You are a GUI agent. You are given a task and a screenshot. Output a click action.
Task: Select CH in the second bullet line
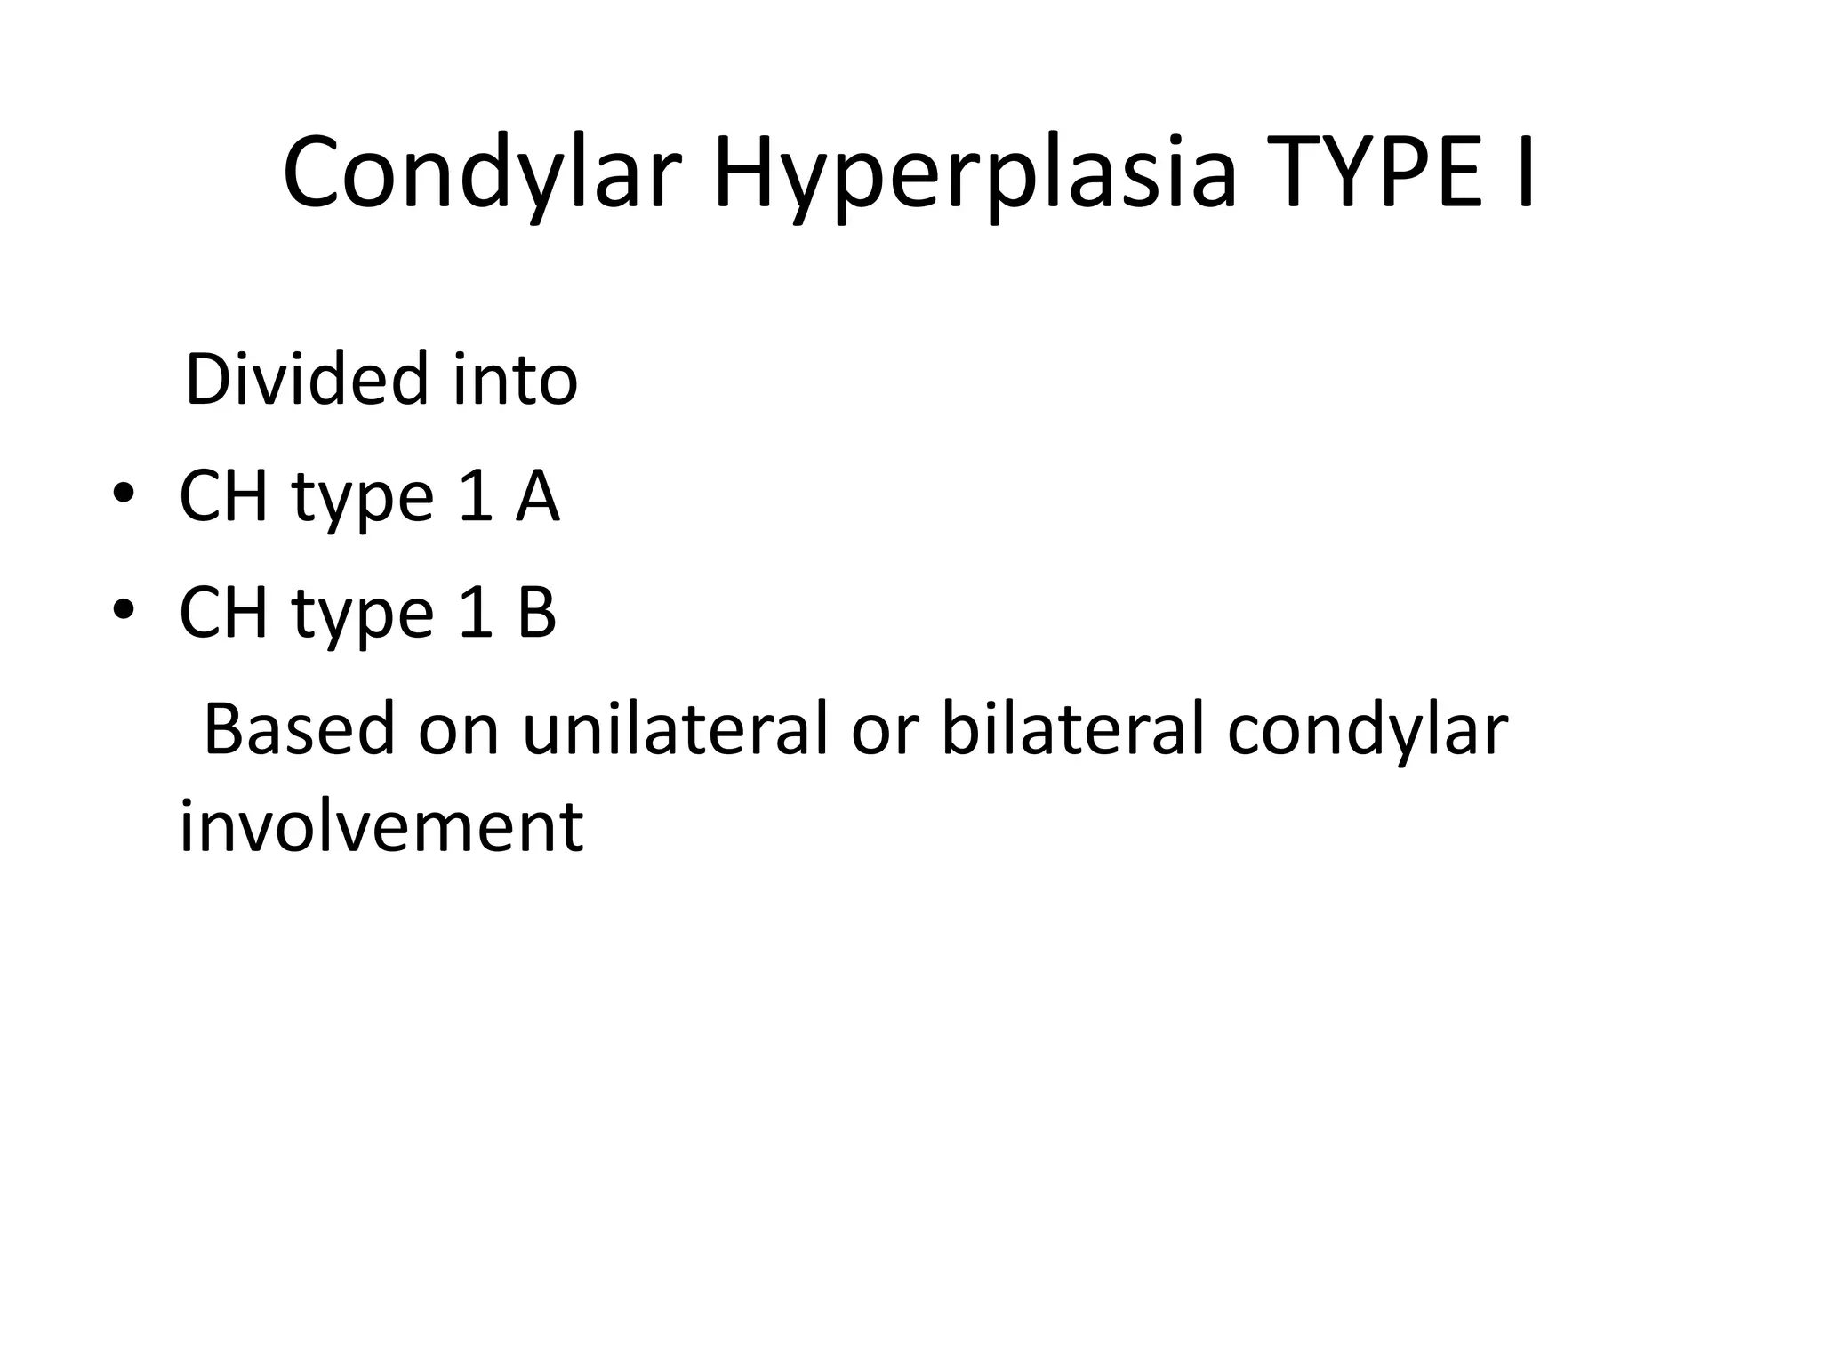223,613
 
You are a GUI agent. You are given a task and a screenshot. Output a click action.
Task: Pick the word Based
299,729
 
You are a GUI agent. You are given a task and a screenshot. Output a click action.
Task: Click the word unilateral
676,729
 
